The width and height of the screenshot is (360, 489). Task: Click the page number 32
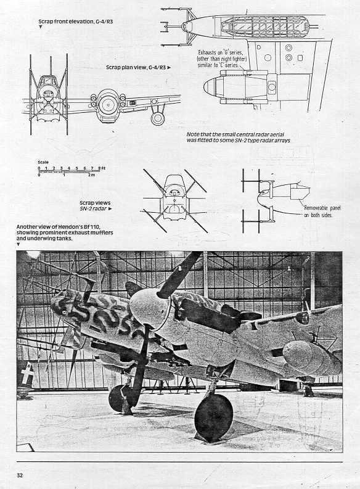tap(20, 475)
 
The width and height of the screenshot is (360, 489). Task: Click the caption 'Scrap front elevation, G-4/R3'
tap(75, 22)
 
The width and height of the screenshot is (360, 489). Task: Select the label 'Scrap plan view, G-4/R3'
tap(136, 67)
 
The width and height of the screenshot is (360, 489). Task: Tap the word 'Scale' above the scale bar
tap(43, 162)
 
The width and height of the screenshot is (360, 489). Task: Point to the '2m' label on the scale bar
tap(91, 175)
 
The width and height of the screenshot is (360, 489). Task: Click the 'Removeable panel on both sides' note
tap(322, 212)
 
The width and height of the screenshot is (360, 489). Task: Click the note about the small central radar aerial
tap(238, 138)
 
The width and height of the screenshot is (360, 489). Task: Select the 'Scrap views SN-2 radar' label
tap(95, 206)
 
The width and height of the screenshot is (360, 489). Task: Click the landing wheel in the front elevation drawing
tap(158, 118)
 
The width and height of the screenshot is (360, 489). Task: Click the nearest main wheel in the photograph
tap(213, 418)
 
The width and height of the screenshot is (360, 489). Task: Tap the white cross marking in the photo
tap(27, 373)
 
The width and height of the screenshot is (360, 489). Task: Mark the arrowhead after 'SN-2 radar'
tap(110, 209)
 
